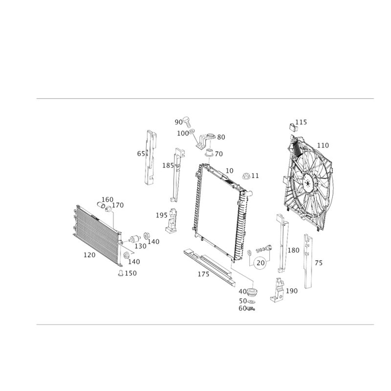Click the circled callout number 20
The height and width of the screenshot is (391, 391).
tap(261, 262)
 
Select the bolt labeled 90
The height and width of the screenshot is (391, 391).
tap(187, 122)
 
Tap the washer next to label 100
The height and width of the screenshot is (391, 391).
tap(192, 131)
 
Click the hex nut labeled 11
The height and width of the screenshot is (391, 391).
tap(246, 176)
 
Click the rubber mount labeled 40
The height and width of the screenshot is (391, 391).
tap(252, 292)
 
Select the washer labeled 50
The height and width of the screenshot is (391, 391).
tap(252, 302)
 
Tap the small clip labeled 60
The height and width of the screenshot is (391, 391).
tap(251, 309)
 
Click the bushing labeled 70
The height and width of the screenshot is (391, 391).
tap(209, 153)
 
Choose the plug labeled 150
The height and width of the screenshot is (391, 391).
tap(120, 273)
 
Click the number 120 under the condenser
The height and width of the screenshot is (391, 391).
tap(89, 255)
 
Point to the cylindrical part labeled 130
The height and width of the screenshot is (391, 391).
tap(134, 239)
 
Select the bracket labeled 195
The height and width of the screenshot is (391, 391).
tap(172, 221)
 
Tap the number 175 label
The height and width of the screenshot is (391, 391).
tap(203, 274)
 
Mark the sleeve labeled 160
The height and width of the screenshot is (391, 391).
tap(101, 205)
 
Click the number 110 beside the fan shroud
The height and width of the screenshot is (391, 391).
tap(323, 145)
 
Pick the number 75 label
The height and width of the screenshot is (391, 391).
tap(319, 263)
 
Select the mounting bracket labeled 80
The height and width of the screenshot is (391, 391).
tap(205, 140)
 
